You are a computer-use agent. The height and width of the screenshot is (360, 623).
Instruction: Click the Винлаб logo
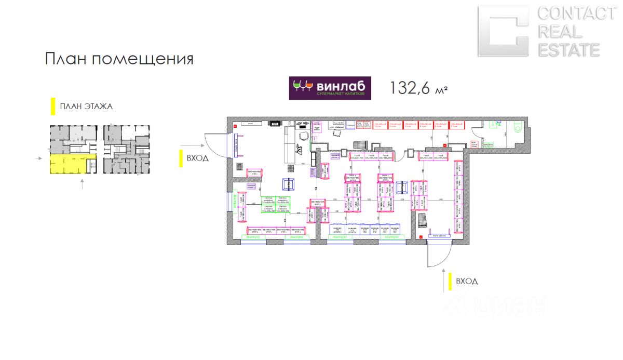[330, 88]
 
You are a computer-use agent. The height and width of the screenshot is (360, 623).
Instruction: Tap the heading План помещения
[119, 59]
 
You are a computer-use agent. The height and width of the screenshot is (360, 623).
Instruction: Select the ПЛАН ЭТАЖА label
[86, 106]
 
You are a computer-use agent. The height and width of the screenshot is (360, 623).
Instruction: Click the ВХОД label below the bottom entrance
[466, 282]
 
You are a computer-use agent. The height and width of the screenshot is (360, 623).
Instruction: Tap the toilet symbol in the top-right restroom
[518, 127]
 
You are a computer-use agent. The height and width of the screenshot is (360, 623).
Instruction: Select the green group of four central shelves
[275, 204]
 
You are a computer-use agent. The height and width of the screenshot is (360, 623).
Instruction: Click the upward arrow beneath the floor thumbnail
[82, 183]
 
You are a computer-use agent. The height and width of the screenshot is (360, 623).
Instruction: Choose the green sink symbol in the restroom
[494, 124]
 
